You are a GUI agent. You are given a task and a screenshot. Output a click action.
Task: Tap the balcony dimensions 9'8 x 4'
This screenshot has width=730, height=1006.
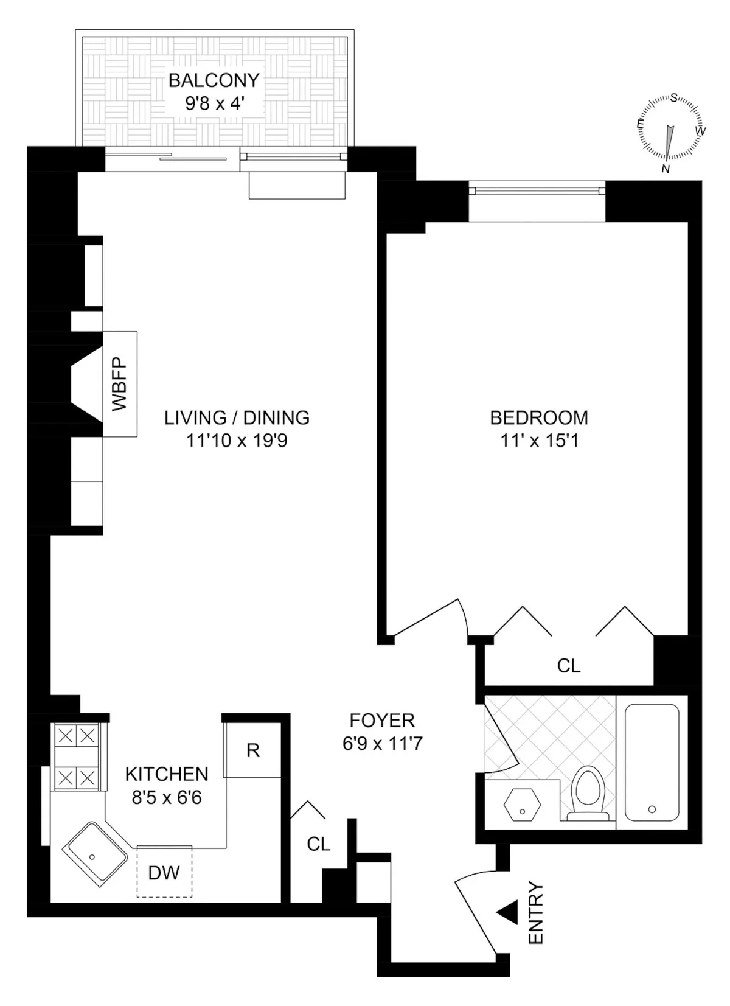point(214,103)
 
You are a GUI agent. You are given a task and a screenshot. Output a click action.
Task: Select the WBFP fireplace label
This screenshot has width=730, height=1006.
point(120,384)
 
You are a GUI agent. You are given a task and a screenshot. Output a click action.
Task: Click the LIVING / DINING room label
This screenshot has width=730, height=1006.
point(237,417)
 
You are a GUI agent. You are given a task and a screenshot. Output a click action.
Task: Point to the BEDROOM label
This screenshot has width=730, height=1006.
point(539,417)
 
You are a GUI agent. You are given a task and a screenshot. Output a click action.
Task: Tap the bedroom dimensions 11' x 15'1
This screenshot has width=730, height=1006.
point(539,441)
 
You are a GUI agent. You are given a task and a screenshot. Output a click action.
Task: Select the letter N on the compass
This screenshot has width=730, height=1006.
point(666,169)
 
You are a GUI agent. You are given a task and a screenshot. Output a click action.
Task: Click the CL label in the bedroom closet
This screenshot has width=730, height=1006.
point(569,666)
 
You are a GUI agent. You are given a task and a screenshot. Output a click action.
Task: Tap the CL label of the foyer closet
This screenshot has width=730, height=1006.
point(319,844)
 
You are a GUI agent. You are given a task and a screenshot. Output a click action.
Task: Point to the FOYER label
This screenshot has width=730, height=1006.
point(382,721)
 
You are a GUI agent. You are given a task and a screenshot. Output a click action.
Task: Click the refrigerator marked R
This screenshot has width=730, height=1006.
point(253,750)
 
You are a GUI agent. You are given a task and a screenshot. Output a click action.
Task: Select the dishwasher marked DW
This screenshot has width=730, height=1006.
point(164,873)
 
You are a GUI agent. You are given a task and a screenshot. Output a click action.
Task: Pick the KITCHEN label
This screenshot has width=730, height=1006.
point(167,774)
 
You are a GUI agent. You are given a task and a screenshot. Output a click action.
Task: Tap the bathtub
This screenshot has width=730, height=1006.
point(652,762)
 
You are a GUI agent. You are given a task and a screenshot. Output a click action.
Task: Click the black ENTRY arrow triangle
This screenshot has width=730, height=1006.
point(507,912)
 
